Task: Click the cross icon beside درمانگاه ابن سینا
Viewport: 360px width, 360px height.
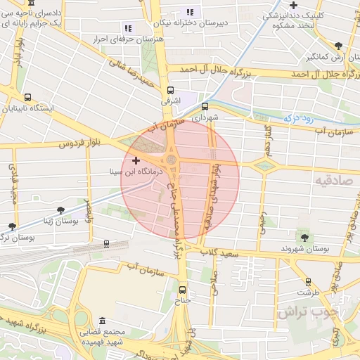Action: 136,161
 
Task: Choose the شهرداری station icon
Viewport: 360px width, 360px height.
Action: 205,106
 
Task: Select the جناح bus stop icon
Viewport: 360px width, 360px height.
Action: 183,289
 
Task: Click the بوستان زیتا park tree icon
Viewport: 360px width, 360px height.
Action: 62,210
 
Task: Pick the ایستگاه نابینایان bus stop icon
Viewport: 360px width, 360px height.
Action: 27,98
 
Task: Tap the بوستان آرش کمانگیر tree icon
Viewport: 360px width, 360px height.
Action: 338,45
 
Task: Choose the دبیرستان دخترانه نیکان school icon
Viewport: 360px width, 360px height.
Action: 189,11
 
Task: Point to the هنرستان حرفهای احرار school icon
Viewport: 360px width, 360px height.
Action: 127,28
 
